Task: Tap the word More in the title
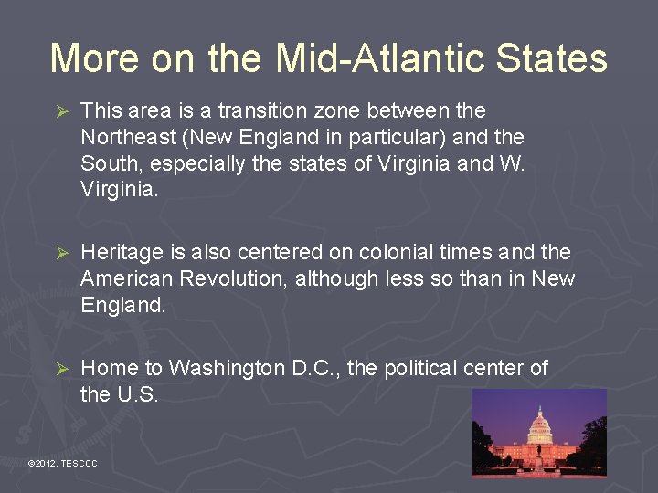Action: coord(92,58)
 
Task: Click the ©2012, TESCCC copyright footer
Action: coord(63,465)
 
